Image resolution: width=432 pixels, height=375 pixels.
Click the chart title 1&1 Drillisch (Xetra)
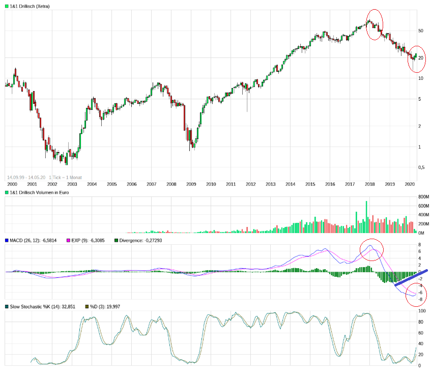point(30,6)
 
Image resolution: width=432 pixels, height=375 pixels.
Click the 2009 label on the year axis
point(191,184)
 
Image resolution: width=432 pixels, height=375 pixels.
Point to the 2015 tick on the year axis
point(310,184)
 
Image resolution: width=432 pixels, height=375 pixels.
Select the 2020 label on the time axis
point(410,184)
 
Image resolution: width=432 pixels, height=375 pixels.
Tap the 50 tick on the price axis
point(420,31)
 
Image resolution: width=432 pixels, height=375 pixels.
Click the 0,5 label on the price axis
point(421,167)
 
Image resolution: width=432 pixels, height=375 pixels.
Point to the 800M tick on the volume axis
point(423,197)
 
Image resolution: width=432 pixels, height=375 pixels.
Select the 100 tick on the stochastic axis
point(421,311)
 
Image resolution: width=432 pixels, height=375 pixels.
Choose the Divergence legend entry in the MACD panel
point(136,240)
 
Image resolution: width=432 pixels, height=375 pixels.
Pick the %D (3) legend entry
point(99,307)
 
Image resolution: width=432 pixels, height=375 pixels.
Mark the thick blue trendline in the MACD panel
point(411,278)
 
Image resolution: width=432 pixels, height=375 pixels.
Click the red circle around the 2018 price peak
point(375,25)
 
